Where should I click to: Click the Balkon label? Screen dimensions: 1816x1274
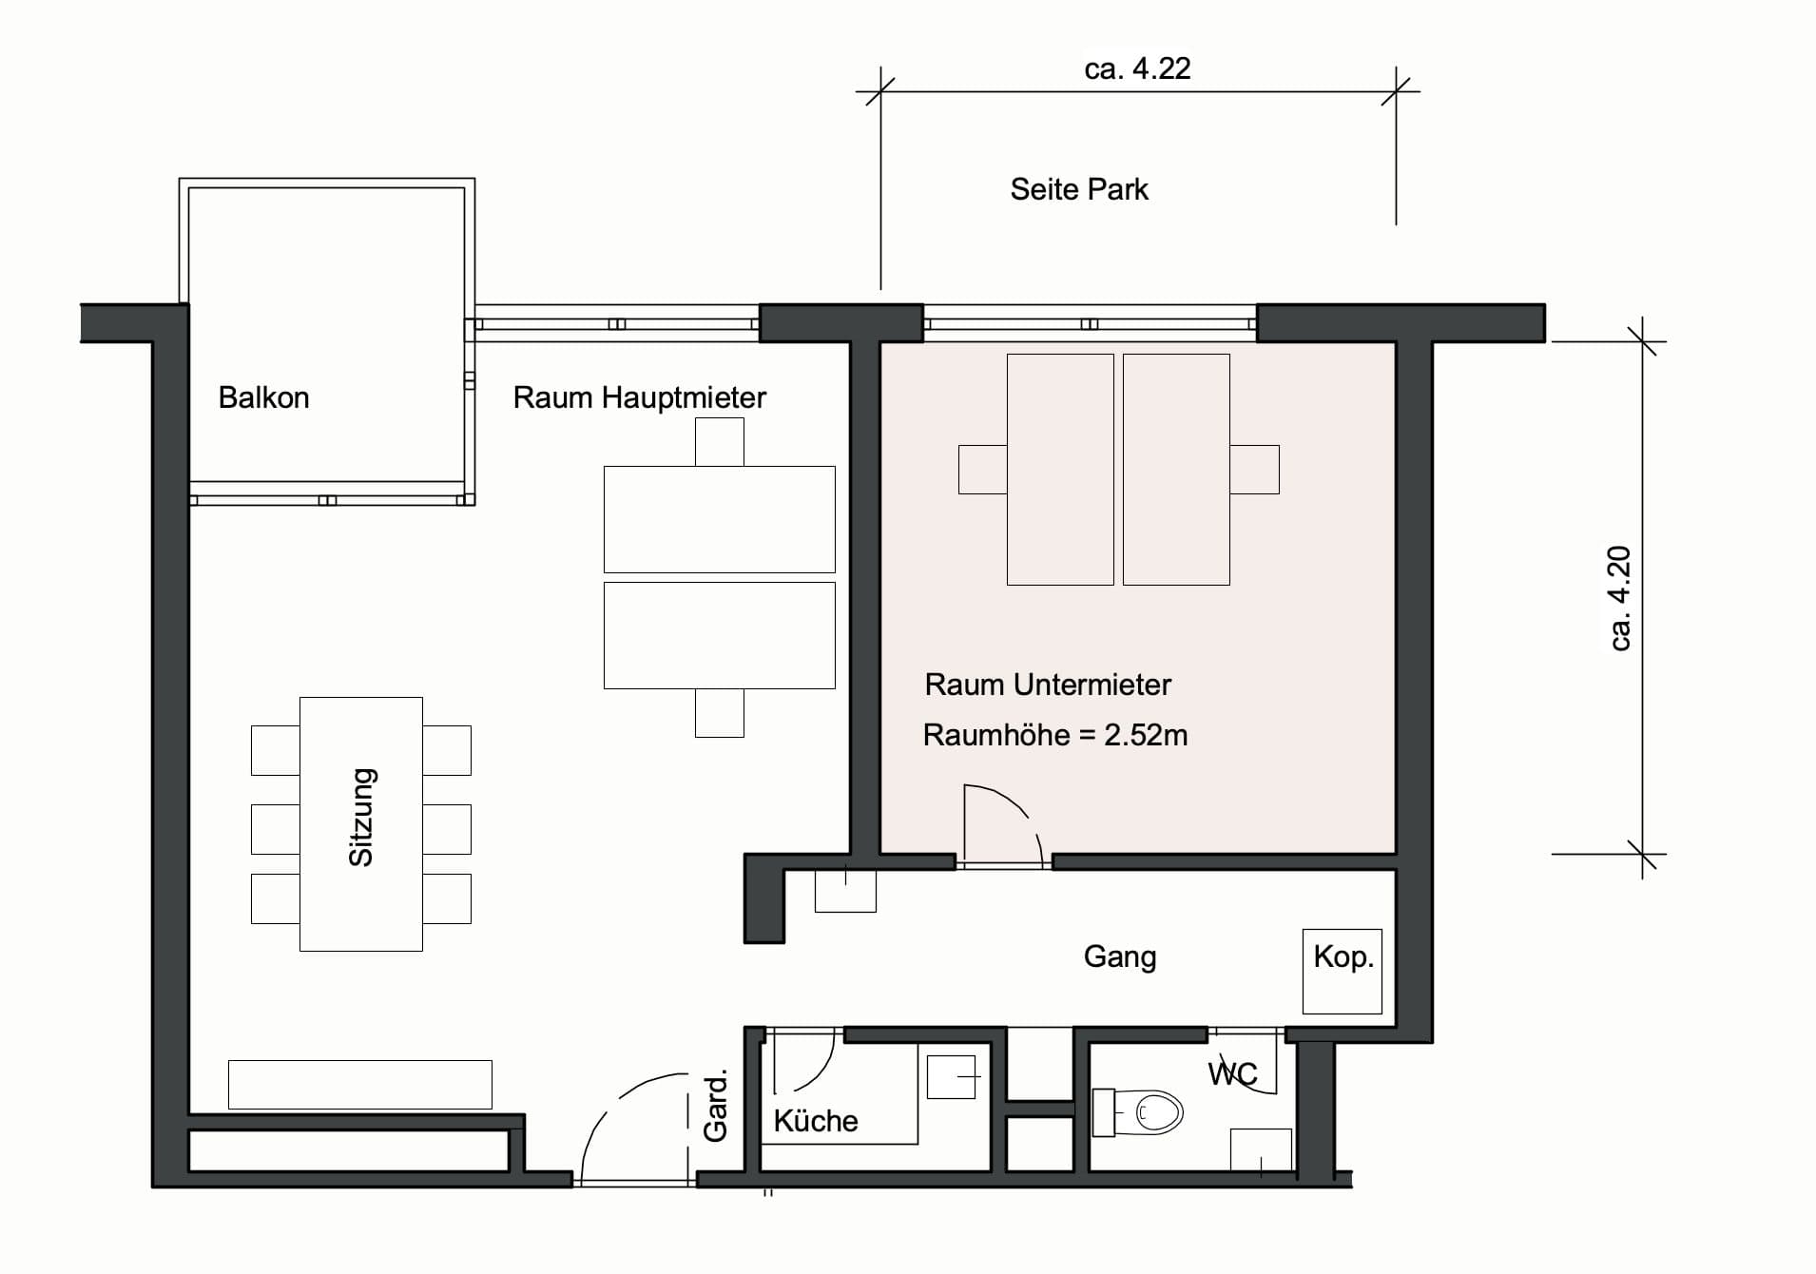coord(263,397)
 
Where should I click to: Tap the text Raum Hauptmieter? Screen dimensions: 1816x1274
coord(639,397)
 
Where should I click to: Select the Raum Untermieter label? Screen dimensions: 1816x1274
coord(1048,685)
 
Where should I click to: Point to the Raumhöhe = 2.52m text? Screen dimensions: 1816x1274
coord(1055,735)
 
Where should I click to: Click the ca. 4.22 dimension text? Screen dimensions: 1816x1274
coord(1137,68)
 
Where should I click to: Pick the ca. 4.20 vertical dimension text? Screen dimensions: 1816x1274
coord(1619,598)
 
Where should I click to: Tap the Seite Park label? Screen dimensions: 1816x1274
coord(1079,189)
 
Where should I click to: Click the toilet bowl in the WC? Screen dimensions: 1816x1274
coord(1158,1111)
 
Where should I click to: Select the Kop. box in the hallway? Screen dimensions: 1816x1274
coord(1342,971)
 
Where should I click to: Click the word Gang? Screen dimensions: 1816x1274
coord(1120,957)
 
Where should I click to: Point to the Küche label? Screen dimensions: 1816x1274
coord(816,1121)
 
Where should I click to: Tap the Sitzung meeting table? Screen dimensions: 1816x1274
coord(361,823)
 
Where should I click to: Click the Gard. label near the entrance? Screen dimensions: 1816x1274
coord(715,1105)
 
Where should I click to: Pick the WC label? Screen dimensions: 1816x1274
coord(1232,1074)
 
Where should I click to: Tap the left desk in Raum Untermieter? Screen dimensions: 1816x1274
coord(1060,470)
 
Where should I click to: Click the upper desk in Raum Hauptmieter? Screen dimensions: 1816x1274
coord(720,519)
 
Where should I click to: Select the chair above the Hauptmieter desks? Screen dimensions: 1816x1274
coord(720,442)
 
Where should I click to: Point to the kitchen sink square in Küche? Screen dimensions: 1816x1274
coord(952,1077)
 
